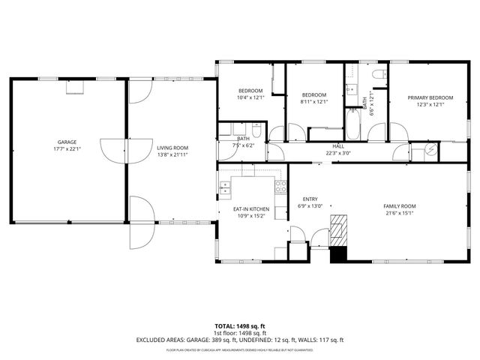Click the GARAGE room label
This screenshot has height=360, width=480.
click(67, 142)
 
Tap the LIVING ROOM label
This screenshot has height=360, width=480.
click(172, 148)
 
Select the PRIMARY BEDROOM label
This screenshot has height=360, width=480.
click(430, 97)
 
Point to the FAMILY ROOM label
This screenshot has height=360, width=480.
click(399, 205)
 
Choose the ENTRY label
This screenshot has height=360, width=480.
click(310, 199)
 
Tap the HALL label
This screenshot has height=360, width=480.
click(338, 146)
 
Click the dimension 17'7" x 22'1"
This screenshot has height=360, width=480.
click(67, 148)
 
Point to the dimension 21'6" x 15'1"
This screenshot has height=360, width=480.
click(399, 212)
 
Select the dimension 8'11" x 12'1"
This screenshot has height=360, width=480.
click(314, 102)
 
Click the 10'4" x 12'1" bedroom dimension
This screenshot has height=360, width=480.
click(250, 97)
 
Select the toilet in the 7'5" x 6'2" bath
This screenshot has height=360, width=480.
click(256, 133)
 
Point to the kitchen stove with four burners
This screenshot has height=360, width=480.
click(280, 187)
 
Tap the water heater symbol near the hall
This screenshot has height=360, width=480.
click(430, 150)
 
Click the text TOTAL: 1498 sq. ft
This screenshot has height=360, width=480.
click(239, 326)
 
